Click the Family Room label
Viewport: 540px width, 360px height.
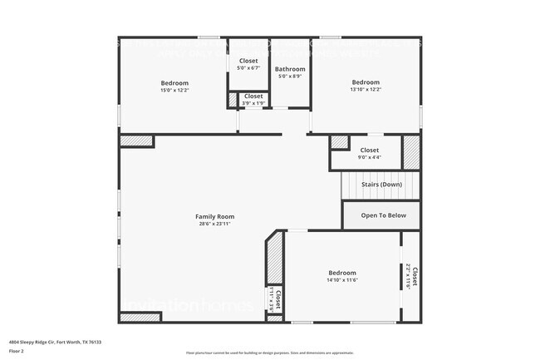pyautogui.click(x=214, y=216)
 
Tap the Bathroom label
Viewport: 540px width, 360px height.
pyautogui.click(x=290, y=69)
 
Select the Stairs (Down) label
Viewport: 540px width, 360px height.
pyautogui.click(x=381, y=184)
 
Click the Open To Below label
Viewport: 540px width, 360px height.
pyautogui.click(x=383, y=215)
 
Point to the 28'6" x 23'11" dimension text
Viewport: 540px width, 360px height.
pyautogui.click(x=214, y=224)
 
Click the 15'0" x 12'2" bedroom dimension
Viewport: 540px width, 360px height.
pyautogui.click(x=174, y=90)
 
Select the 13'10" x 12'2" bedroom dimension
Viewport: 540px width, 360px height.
pyautogui.click(x=366, y=90)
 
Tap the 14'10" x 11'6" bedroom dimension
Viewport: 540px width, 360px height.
pyautogui.click(x=342, y=280)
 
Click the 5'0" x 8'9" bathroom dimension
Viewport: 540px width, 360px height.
pyautogui.click(x=290, y=76)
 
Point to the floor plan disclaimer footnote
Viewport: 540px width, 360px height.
pyautogui.click(x=269, y=353)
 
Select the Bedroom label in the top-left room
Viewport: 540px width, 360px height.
pyautogui.click(x=174, y=82)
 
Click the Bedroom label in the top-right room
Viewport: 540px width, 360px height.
pyautogui.click(x=366, y=82)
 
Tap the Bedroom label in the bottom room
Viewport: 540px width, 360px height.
pyautogui.click(x=342, y=273)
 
